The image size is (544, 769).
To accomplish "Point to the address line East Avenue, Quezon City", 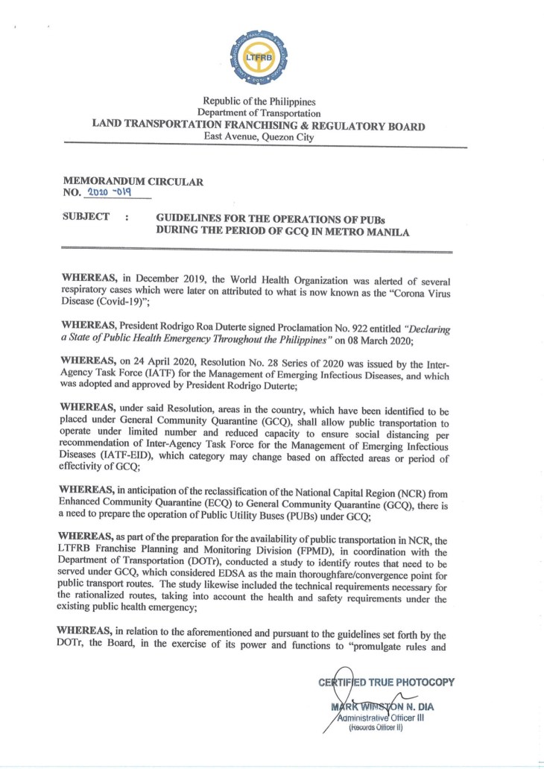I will tap(259, 137).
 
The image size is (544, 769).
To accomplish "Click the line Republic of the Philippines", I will tap(259, 101).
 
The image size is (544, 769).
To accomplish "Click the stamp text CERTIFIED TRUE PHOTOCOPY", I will tap(386, 682).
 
